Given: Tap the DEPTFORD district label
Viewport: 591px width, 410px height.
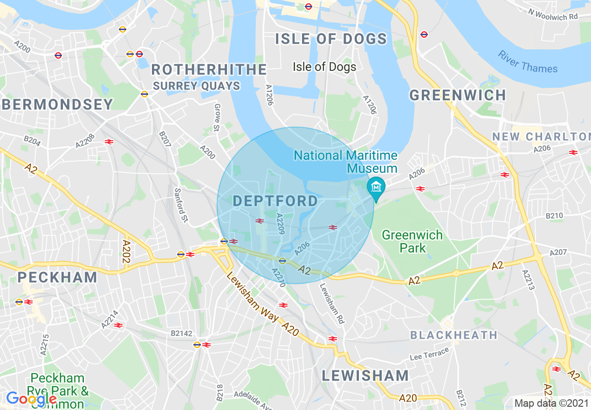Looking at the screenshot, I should pyautogui.click(x=275, y=201).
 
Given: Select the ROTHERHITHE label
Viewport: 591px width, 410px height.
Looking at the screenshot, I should pyautogui.click(x=209, y=70).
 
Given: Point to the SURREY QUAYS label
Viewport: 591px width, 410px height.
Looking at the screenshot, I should pyautogui.click(x=196, y=86).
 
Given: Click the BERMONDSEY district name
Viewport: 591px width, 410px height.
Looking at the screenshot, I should pyautogui.click(x=58, y=104).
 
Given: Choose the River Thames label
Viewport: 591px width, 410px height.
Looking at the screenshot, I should pyautogui.click(x=528, y=62).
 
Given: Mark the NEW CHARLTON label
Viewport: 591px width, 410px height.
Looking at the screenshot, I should pyautogui.click(x=541, y=137).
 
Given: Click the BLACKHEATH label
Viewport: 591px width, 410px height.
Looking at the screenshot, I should pyautogui.click(x=454, y=335).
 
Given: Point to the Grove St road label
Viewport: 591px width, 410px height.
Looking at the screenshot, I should pyautogui.click(x=217, y=117).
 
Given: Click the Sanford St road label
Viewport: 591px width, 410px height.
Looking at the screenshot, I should pyautogui.click(x=181, y=205).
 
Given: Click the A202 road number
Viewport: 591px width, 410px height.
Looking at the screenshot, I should pyautogui.click(x=126, y=252).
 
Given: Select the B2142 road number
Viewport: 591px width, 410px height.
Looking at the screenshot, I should pyautogui.click(x=181, y=333).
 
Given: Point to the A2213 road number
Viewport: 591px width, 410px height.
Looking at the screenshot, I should pyautogui.click(x=529, y=280).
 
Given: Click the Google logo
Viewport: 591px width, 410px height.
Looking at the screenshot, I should pyautogui.click(x=31, y=399).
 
